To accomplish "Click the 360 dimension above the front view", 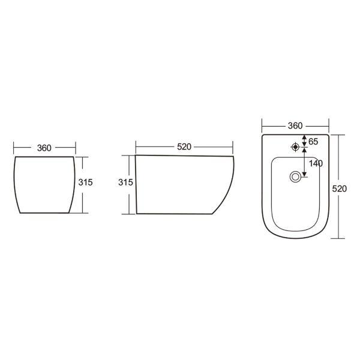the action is click(x=44, y=148).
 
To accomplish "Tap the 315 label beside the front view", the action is click(x=85, y=182).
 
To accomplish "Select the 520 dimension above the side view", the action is click(x=184, y=147).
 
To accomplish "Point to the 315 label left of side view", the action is click(x=125, y=182).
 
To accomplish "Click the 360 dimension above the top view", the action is click(x=295, y=126).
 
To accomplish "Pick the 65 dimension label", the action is click(x=313, y=142).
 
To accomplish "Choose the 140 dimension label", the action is click(x=316, y=163).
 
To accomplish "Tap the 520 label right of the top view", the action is click(x=340, y=189).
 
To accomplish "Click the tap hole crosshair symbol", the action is click(x=295, y=147).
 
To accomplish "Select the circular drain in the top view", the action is click(x=295, y=177).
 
